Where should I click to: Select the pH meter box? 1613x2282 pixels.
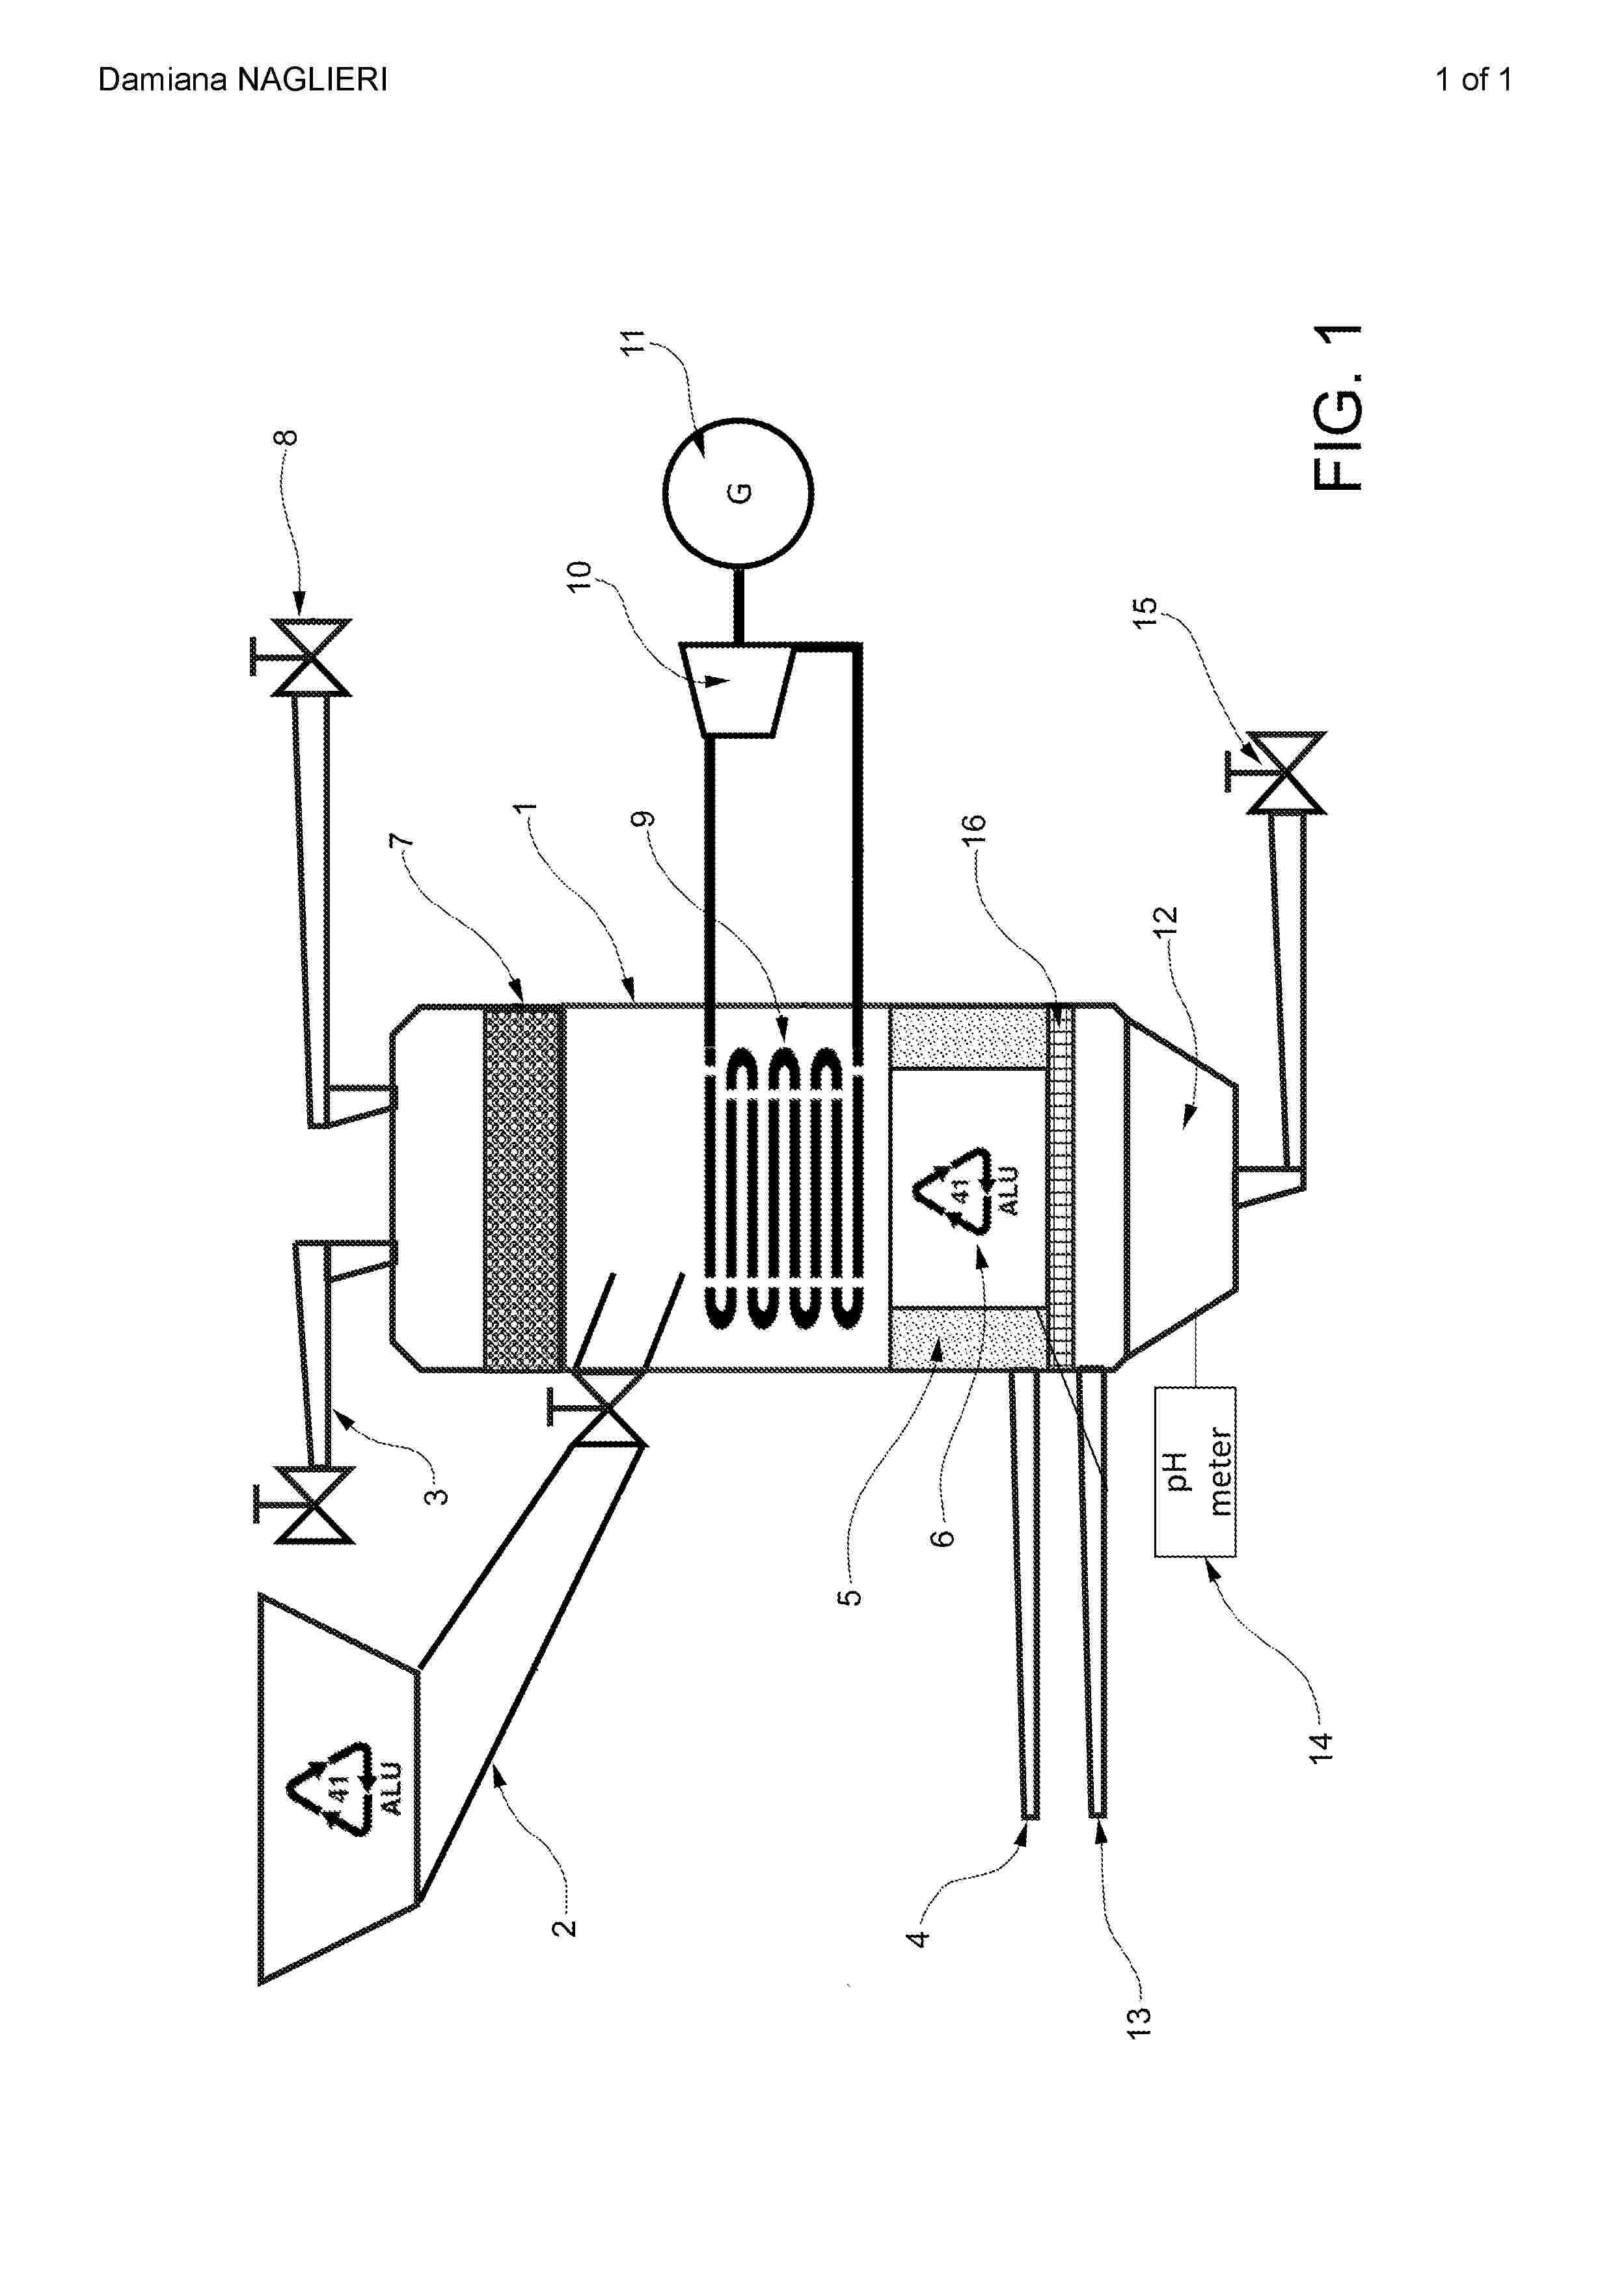click(1195, 1471)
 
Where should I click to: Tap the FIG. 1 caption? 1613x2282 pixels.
click(1338, 407)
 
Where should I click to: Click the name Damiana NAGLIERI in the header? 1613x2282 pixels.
click(243, 79)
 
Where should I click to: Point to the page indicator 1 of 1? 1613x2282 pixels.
click(1473, 79)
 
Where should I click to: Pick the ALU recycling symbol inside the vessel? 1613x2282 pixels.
click(969, 1188)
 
